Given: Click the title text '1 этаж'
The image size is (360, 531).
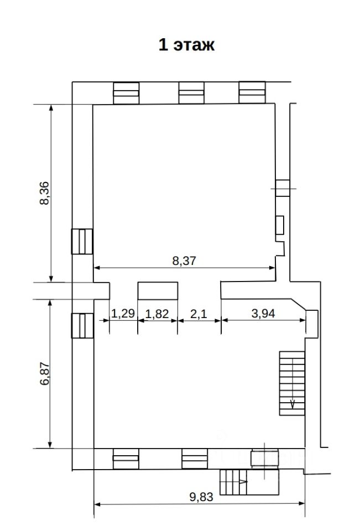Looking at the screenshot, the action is [186, 45].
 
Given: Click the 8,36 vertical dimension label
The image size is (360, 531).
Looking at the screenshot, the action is [44, 194].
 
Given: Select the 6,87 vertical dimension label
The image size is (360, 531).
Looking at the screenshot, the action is [44, 374].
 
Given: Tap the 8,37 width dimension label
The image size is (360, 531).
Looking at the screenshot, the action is [184, 261].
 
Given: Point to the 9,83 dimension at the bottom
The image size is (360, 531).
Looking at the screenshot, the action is [201, 497].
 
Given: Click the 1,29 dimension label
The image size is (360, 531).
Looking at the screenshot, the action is [123, 314].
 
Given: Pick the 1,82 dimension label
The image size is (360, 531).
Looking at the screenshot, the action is [157, 314].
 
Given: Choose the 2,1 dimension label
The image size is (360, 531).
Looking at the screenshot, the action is [199, 314].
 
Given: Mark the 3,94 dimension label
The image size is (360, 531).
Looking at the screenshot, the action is [263, 314].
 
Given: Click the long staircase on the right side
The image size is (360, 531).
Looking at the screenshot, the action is [292, 383].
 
